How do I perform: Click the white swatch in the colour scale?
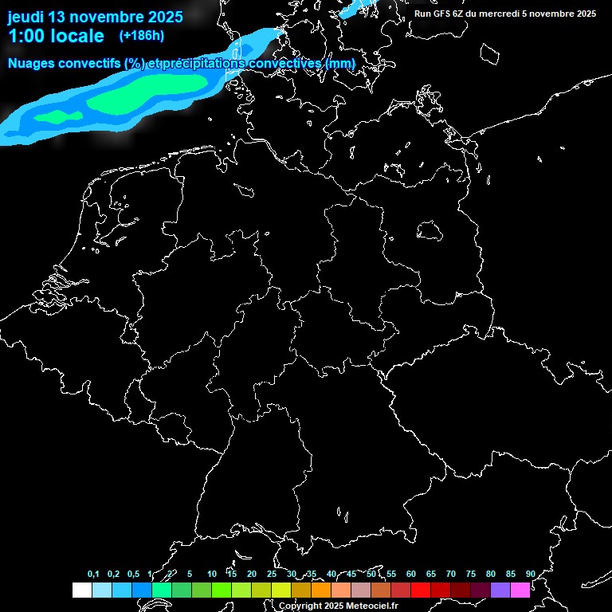pyautogui.click(x=81, y=590)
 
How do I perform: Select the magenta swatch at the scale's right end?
pyautogui.click(x=520, y=590)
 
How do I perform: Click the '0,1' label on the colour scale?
pyautogui.click(x=93, y=574)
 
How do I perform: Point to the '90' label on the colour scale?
pyautogui.click(x=531, y=574)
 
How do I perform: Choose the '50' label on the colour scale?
pyautogui.click(x=371, y=574)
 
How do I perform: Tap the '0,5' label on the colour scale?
pyautogui.click(x=132, y=574)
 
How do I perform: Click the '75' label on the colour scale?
pyautogui.click(x=471, y=574)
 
